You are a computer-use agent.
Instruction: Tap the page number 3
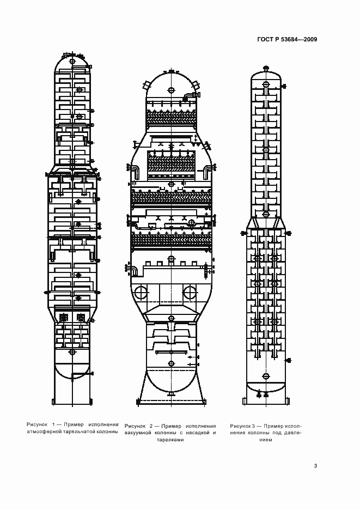pos(315,465)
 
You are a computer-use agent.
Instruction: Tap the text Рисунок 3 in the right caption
pos(243,426)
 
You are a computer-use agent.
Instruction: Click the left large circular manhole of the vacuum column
pos(141,293)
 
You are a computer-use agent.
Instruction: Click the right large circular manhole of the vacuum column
pos(190,293)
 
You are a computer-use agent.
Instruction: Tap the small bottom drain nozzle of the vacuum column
pos(171,393)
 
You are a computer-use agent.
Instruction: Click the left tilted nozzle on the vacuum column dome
pos(146,85)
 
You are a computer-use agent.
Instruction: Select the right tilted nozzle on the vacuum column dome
pos(196,85)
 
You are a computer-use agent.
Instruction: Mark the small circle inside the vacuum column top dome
pos(171,90)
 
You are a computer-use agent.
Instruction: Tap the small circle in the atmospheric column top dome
pos(72,61)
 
